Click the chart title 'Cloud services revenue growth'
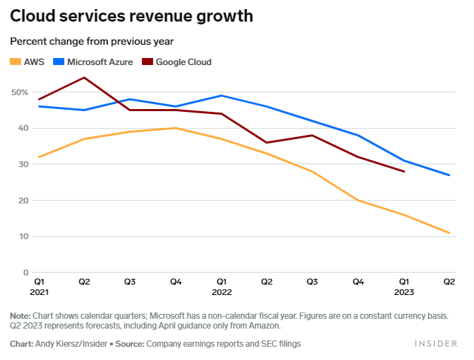point(131,16)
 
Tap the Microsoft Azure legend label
point(101,62)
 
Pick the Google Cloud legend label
point(183,62)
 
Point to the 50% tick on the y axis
point(19,92)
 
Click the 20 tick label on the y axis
point(23,201)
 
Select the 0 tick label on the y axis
point(26,273)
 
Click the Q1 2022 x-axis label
point(222,287)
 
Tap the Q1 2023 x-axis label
point(404,287)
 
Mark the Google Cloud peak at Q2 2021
point(85,78)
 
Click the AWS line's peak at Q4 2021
point(175,128)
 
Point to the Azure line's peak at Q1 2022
point(221,96)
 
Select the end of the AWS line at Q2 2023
point(449,233)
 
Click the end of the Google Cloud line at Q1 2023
point(404,171)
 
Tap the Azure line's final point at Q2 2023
point(449,175)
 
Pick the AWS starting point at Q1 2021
point(39,157)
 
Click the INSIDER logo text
point(436,344)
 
